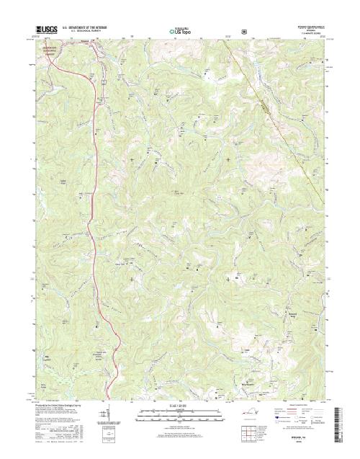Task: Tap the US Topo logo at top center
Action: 179,31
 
